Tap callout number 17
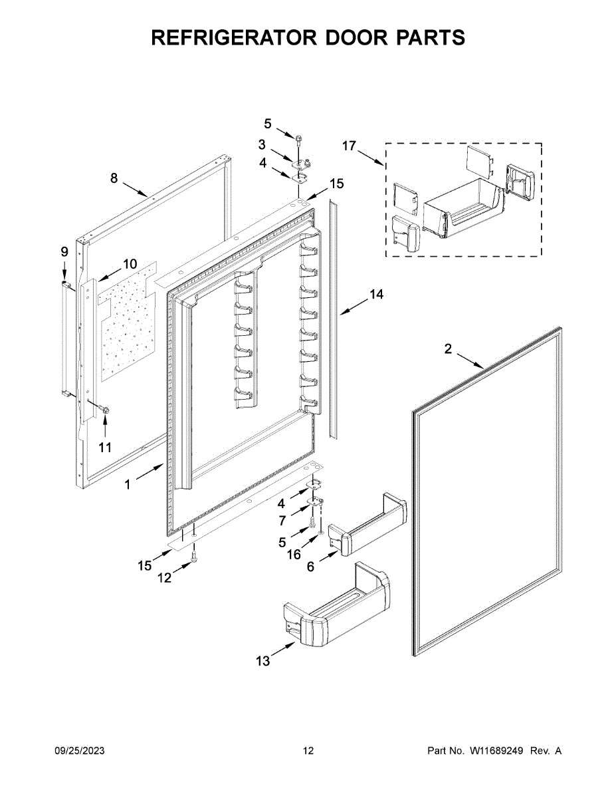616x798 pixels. point(350,146)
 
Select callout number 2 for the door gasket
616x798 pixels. point(448,348)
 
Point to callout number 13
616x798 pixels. point(263,660)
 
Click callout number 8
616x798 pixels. point(114,178)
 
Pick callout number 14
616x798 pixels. point(377,295)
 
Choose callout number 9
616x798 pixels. point(64,251)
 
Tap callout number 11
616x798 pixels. point(105,448)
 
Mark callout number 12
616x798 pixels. point(164,578)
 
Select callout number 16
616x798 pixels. point(293,554)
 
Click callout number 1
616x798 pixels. point(128,485)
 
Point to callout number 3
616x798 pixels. point(262,144)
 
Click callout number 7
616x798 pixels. point(282,520)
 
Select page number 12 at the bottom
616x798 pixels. point(308,751)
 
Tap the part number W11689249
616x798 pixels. point(498,751)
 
